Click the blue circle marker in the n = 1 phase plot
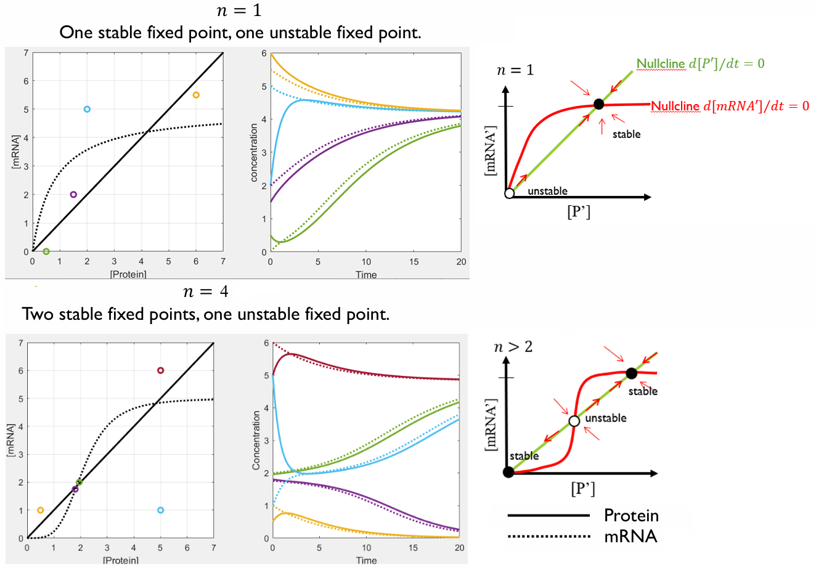[x=87, y=109]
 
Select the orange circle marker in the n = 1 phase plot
[x=196, y=95]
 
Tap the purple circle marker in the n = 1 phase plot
[x=73, y=195]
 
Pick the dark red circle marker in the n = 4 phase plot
[x=160, y=370]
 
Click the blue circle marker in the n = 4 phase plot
[x=160, y=510]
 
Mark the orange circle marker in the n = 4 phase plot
[x=41, y=510]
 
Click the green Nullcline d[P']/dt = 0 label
[x=700, y=63]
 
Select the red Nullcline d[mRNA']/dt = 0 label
[x=730, y=106]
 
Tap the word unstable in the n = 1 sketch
[x=547, y=191]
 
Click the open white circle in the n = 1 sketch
[x=509, y=193]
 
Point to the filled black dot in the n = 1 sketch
[x=598, y=104]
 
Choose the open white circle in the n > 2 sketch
[x=574, y=421]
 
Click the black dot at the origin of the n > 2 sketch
[x=508, y=472]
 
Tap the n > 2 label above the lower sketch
[x=513, y=347]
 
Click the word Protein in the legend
[x=630, y=515]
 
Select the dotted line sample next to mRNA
[x=549, y=537]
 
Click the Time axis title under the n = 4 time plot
[x=366, y=560]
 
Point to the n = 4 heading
[x=206, y=291]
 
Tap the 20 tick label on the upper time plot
[x=461, y=262]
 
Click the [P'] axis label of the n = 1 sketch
[x=578, y=212]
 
